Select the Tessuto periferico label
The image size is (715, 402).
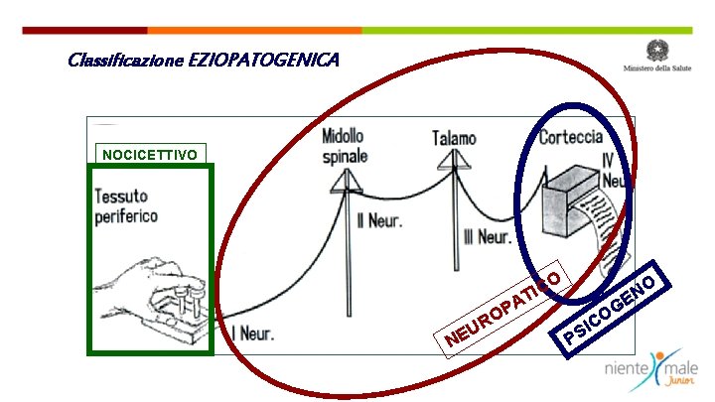point(126,206)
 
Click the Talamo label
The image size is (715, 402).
point(454,139)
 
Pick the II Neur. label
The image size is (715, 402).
point(378,220)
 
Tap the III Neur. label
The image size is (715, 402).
point(487,236)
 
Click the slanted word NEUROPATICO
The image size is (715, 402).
point(505,307)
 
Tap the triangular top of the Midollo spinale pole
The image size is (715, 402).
point(347,179)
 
